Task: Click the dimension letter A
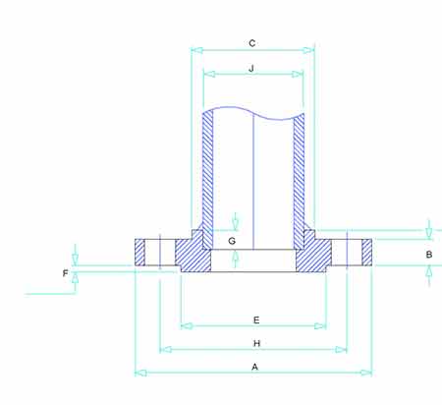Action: click(x=254, y=366)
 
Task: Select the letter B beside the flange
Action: click(x=429, y=255)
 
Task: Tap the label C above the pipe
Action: click(x=252, y=42)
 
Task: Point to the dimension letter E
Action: click(x=255, y=319)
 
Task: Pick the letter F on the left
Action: click(x=66, y=273)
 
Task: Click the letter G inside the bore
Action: click(x=232, y=240)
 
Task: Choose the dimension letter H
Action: click(x=255, y=343)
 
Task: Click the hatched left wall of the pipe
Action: click(x=207, y=167)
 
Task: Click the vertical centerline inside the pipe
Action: click(x=253, y=177)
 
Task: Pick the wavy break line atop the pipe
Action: click(x=253, y=110)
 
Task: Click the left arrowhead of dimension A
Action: click(x=138, y=373)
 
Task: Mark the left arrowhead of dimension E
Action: click(x=185, y=325)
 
